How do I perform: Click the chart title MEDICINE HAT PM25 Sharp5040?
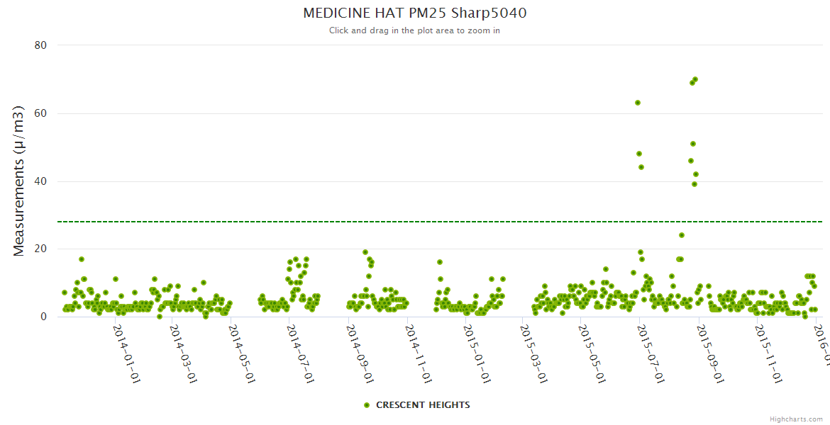[x=414, y=13]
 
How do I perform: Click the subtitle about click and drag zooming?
[x=414, y=30]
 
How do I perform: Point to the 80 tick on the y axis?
[x=40, y=45]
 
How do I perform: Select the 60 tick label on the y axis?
[x=40, y=113]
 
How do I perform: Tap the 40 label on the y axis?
[x=40, y=181]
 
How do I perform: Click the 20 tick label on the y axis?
[x=40, y=249]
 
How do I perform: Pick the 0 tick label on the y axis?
[x=43, y=317]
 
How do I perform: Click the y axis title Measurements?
[x=20, y=181]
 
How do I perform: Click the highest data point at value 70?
[x=695, y=79]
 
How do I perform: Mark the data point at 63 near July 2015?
[x=638, y=103]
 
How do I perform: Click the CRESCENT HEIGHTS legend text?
[x=423, y=405]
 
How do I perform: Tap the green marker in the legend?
[x=367, y=405]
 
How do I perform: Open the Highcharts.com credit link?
[x=796, y=419]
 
